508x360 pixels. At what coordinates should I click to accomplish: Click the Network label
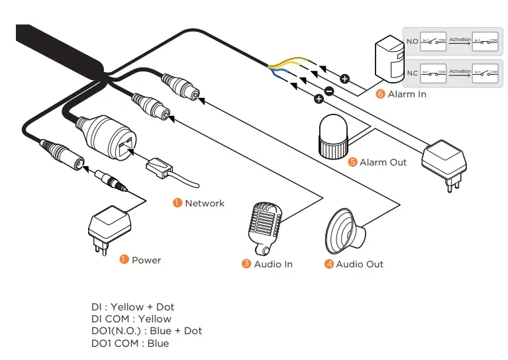(x=205, y=203)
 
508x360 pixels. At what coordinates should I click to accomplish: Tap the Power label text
(x=146, y=260)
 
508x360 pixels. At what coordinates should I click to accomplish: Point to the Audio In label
(x=273, y=264)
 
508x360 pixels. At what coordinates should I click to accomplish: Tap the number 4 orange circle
(x=329, y=264)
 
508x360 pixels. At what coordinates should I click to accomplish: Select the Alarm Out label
(x=383, y=162)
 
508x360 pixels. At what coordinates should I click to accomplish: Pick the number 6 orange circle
(x=380, y=94)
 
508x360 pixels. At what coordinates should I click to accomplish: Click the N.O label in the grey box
(x=411, y=41)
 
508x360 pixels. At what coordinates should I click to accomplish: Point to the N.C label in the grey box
(x=411, y=73)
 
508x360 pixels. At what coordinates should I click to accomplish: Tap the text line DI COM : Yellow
(x=131, y=319)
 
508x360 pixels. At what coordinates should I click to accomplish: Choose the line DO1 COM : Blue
(x=130, y=343)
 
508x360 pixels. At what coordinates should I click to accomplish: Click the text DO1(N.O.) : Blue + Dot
(x=146, y=331)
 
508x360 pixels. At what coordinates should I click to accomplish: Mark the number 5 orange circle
(x=353, y=162)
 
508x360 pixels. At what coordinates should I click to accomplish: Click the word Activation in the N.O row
(x=460, y=40)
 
